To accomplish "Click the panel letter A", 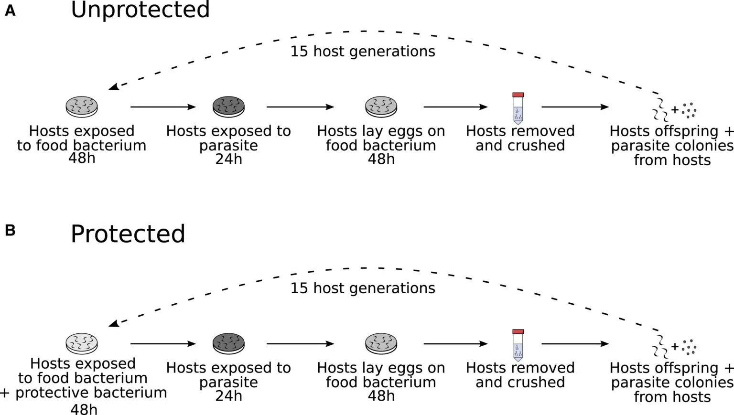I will (x=10, y=10).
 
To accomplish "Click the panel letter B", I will (x=10, y=230).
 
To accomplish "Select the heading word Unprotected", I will (x=140, y=10).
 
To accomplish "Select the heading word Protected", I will (x=128, y=234).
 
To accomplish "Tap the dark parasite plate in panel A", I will (x=228, y=106).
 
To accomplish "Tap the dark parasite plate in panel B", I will (x=228, y=343).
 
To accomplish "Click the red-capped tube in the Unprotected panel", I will (x=518, y=108).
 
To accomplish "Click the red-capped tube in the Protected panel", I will (x=518, y=345).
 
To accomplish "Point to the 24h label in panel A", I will (x=228, y=159).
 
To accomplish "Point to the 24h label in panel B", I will (x=228, y=396).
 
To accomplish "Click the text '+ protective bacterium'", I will (x=84, y=393).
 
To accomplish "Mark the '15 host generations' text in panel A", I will (x=363, y=51).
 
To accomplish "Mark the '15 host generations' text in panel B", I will (x=363, y=288).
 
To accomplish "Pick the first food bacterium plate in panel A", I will (x=82, y=106).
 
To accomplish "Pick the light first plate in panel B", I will (x=82, y=343).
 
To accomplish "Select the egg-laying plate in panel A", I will (x=381, y=106).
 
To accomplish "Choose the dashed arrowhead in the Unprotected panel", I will (x=113, y=86).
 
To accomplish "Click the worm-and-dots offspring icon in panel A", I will (x=674, y=110).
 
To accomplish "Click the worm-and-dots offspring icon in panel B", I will (x=674, y=347).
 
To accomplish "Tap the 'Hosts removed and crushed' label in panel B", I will (x=520, y=375).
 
